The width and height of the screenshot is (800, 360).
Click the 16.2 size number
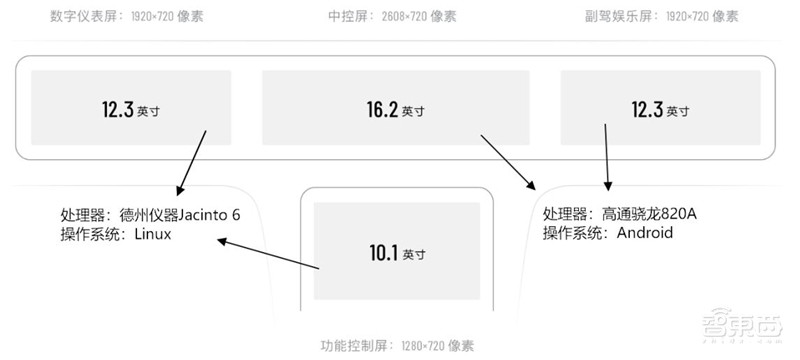point(382,109)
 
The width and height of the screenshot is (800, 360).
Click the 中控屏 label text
point(346,17)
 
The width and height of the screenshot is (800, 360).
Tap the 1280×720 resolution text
point(422,346)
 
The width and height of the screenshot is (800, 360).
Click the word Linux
point(154,234)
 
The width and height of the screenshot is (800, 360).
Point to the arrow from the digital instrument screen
point(192,162)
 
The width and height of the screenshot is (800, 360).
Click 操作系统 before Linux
point(90,234)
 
